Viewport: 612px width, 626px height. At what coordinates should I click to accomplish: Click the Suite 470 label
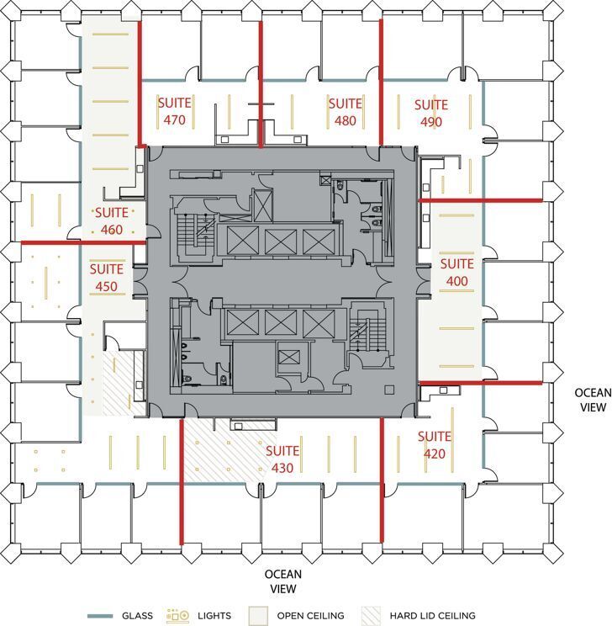click(174, 111)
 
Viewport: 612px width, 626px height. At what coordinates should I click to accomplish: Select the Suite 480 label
click(345, 112)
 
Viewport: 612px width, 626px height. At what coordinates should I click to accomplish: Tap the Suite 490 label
click(432, 113)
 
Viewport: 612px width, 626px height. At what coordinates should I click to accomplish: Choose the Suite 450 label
click(107, 278)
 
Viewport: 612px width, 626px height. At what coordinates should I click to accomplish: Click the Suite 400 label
click(457, 272)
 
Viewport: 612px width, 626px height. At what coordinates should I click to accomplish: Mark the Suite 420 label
click(435, 445)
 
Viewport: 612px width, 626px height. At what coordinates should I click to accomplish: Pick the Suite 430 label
click(282, 459)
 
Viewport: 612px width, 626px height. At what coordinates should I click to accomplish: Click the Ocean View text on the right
click(594, 400)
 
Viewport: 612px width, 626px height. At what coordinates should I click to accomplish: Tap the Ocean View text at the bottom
click(282, 581)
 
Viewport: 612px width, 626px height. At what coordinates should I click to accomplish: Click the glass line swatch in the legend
click(98, 616)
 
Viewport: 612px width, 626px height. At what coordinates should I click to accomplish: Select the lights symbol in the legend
click(178, 616)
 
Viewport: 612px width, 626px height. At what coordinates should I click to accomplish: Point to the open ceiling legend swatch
click(259, 616)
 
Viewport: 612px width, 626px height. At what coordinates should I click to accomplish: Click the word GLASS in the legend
click(137, 616)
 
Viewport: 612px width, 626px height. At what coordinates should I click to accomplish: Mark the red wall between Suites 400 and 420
click(479, 383)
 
